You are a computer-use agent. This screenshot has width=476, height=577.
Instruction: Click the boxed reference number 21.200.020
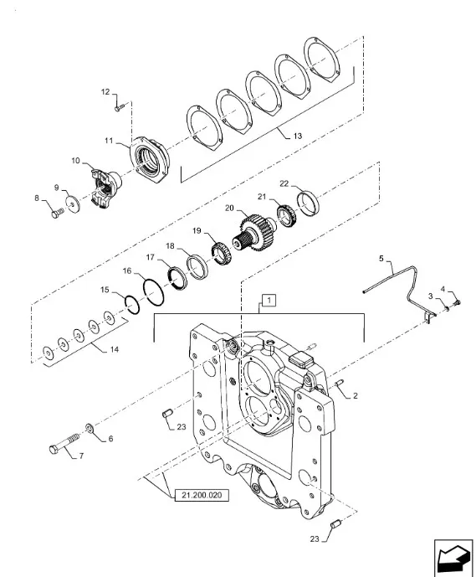202,495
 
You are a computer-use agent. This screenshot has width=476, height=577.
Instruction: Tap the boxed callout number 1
269,301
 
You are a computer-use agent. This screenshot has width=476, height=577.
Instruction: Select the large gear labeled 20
256,233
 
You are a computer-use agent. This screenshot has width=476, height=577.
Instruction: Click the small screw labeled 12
120,107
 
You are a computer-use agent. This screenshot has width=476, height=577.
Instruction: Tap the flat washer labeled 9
73,204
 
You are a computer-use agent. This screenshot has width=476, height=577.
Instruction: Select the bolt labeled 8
57,213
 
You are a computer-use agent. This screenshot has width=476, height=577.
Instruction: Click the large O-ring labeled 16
153,292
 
